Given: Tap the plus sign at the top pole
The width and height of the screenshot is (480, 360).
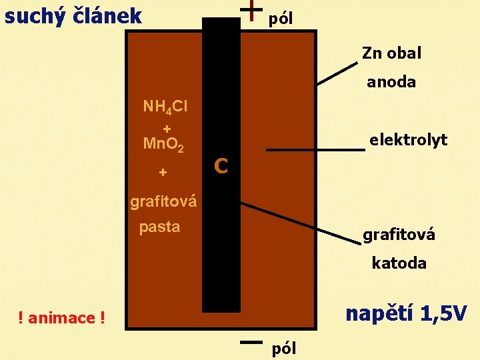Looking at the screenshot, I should tap(250, 11).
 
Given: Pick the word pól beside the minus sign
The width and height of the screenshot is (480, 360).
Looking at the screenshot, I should tap(284, 348).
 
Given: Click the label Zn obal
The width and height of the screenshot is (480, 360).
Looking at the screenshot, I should tap(391, 53).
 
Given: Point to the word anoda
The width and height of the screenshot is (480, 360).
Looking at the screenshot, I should tap(391, 82).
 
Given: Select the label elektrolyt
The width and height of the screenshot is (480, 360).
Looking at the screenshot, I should tap(408, 140).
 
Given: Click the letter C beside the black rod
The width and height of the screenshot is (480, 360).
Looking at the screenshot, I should tap(222, 165).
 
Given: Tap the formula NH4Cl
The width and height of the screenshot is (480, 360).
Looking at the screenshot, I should tap(165, 107).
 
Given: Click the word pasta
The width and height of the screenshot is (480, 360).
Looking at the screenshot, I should tap(159, 227).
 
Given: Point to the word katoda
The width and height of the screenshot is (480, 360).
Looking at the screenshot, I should tap(399, 263).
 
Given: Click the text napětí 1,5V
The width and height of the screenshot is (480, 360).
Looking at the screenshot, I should tap(406, 313).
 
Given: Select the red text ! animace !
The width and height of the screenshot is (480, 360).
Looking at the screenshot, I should tap(62, 318).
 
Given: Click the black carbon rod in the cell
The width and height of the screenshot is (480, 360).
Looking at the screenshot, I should tap(221, 233).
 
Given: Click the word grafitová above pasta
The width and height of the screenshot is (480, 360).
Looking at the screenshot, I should tap(163, 201).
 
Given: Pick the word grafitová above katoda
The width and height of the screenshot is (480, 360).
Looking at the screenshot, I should tap(399, 235).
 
